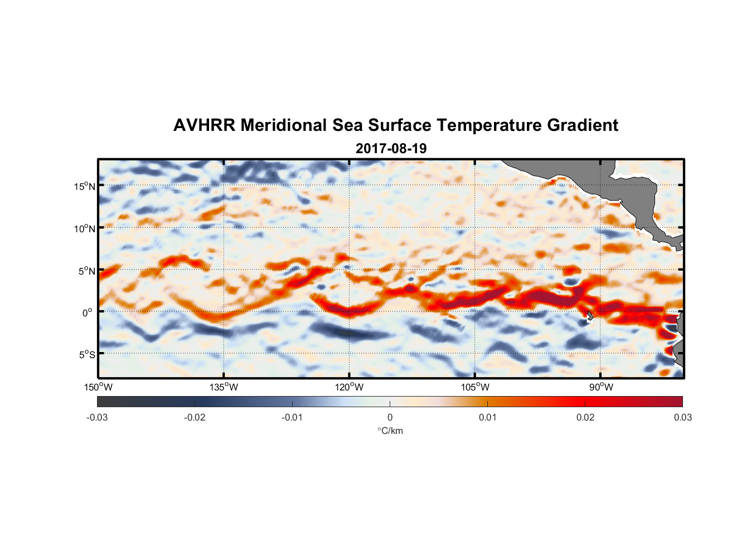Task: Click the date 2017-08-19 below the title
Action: click(x=391, y=149)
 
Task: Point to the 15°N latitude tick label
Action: click(x=84, y=186)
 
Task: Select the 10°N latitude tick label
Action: click(x=84, y=228)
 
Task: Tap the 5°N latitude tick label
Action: click(x=86, y=271)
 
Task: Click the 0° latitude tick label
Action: click(x=87, y=312)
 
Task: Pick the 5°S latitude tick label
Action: click(x=86, y=354)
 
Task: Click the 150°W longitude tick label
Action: click(x=99, y=387)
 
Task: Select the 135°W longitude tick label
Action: click(x=224, y=387)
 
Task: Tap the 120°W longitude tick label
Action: click(x=350, y=387)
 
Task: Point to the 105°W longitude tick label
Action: click(x=475, y=387)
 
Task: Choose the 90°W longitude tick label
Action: click(x=601, y=387)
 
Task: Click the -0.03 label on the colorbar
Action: click(x=97, y=417)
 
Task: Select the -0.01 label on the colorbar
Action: click(x=292, y=417)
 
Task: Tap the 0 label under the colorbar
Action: click(x=390, y=417)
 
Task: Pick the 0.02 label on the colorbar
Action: click(x=585, y=417)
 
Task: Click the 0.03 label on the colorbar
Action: click(x=682, y=417)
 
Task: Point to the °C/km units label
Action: click(x=390, y=431)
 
